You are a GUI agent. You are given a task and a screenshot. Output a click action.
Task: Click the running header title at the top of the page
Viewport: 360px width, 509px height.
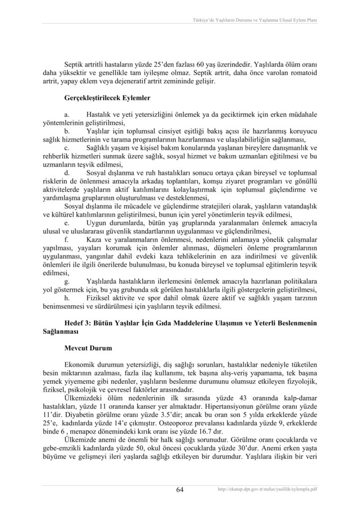pyautogui.click(x=255, y=20)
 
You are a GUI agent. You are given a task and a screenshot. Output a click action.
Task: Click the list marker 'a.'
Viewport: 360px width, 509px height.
pyautogui.click(x=67, y=114)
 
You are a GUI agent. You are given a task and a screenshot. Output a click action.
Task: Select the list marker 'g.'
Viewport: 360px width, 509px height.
pyautogui.click(x=67, y=281)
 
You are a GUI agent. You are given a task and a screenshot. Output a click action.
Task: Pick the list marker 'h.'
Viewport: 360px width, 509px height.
pyautogui.click(x=67, y=298)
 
